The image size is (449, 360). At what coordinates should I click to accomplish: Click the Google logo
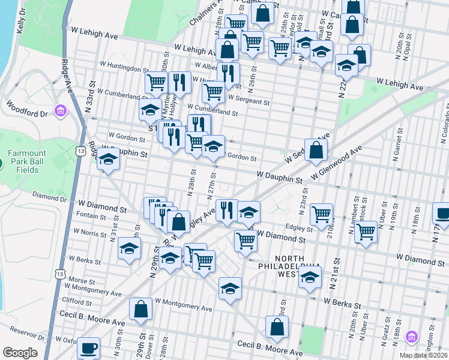(20, 353)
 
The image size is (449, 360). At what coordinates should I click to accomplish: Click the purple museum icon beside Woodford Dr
(60, 111)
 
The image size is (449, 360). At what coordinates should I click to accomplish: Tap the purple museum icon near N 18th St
(411, 336)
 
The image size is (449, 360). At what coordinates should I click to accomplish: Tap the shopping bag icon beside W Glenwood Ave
(316, 151)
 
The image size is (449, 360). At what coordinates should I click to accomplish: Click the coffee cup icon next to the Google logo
(89, 348)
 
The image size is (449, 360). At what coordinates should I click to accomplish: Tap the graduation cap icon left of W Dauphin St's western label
(108, 160)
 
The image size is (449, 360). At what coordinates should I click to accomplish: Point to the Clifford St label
(76, 301)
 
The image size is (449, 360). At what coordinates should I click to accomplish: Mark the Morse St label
(78, 280)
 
